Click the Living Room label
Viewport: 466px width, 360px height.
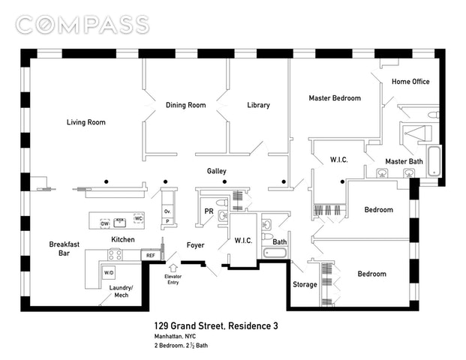pos(86,122)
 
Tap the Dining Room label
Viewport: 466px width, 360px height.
pos(186,105)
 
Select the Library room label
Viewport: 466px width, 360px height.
pos(259,105)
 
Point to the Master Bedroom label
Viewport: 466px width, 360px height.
pos(335,98)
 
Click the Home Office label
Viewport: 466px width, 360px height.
pos(410,82)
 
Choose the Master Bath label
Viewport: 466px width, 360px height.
pos(404,161)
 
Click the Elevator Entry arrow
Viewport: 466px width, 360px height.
pos(173,268)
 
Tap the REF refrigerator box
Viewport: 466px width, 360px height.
pos(151,256)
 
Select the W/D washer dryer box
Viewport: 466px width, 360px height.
pos(109,273)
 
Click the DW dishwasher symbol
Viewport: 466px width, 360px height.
pos(104,223)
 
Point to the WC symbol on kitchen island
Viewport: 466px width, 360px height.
pos(139,218)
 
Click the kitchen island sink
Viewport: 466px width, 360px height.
pos(120,223)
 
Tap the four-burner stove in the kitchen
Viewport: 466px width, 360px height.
pos(115,254)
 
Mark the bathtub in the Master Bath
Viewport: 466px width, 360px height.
pos(434,160)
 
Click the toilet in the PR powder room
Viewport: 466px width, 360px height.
pos(222,203)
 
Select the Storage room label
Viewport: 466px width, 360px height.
pos(305,284)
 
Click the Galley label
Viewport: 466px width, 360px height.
pos(217,171)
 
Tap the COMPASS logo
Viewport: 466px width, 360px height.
pos(83,25)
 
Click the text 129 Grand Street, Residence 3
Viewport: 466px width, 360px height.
pos(216,326)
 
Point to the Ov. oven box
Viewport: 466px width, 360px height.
pos(167,211)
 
